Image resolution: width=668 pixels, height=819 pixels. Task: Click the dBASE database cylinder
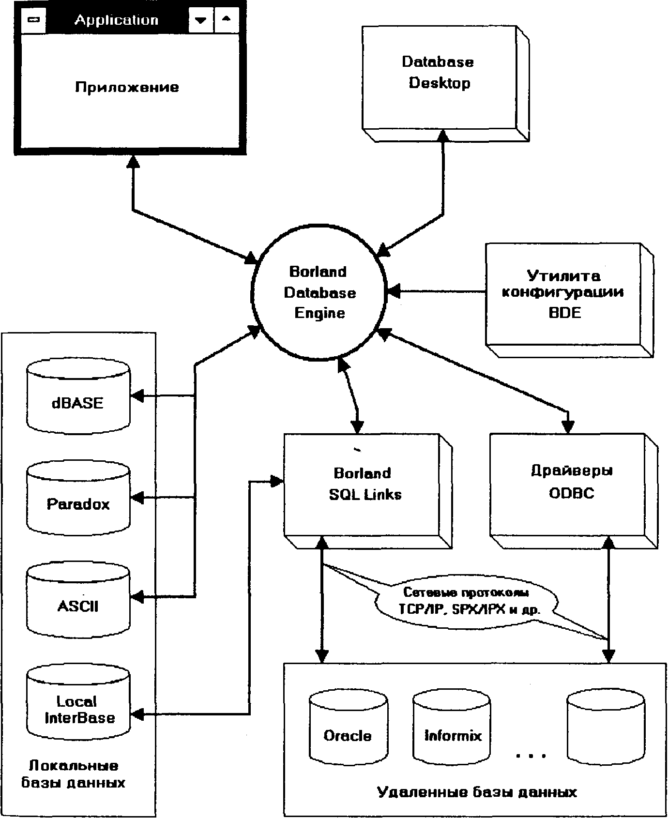pyautogui.click(x=78, y=396)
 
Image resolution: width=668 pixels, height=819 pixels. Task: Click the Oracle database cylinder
pyautogui.click(x=348, y=731)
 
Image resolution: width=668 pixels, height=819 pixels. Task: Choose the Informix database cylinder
pyautogui.click(x=452, y=731)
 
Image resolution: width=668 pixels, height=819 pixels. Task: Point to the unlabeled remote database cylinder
pyautogui.click(x=606, y=731)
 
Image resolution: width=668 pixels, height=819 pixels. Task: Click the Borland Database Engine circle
pyautogui.click(x=319, y=292)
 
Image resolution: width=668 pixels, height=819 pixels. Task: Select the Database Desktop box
pyautogui.click(x=438, y=77)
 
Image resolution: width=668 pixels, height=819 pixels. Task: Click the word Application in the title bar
pyautogui.click(x=116, y=20)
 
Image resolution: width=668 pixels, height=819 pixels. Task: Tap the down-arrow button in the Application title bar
pyautogui.click(x=200, y=20)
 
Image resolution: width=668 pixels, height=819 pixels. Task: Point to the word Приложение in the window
pyautogui.click(x=127, y=88)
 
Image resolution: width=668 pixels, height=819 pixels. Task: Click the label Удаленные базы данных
pyautogui.click(x=477, y=792)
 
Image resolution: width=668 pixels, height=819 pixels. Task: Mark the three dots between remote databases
pyautogui.click(x=531, y=755)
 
